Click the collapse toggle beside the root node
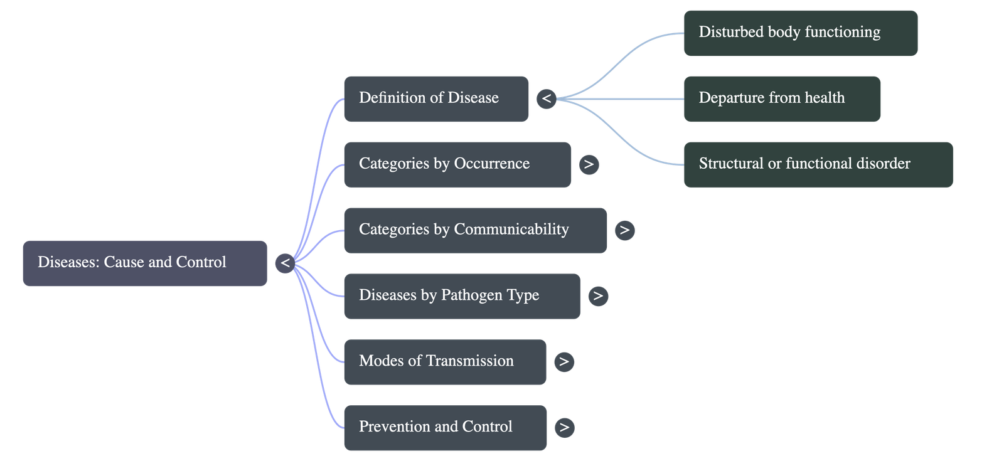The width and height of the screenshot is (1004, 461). pos(285,263)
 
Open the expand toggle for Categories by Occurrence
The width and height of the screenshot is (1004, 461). pos(589,164)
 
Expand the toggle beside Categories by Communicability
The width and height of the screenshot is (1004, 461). pos(624,230)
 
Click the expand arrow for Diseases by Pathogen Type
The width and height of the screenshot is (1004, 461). pos(598,295)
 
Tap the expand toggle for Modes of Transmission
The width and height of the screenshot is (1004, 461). pos(564,362)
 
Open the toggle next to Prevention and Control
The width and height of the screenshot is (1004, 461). pos(564,428)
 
